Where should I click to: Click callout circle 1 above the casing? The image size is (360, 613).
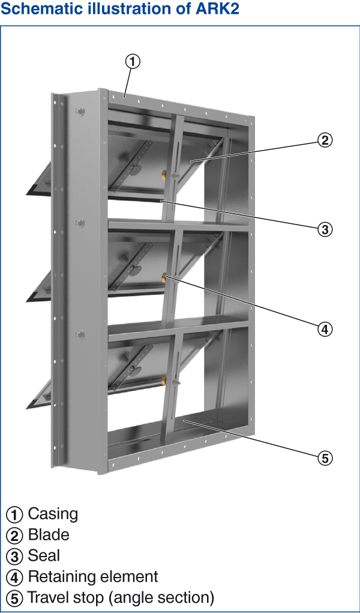(133, 62)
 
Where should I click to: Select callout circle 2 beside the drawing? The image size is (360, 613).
(325, 140)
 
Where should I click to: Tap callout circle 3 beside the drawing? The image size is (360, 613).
(325, 229)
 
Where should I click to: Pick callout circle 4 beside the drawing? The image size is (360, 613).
(325, 329)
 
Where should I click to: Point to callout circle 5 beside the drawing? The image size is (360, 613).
(325, 458)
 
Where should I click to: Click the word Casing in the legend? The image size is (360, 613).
(53, 514)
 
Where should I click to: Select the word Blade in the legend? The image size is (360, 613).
(49, 535)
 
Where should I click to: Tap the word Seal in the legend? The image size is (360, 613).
(44, 555)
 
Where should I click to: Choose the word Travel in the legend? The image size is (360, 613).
(50, 598)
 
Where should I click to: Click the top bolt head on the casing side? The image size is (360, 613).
(80, 112)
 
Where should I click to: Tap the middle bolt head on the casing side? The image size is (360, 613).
(80, 223)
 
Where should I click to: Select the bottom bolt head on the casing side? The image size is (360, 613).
(80, 334)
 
